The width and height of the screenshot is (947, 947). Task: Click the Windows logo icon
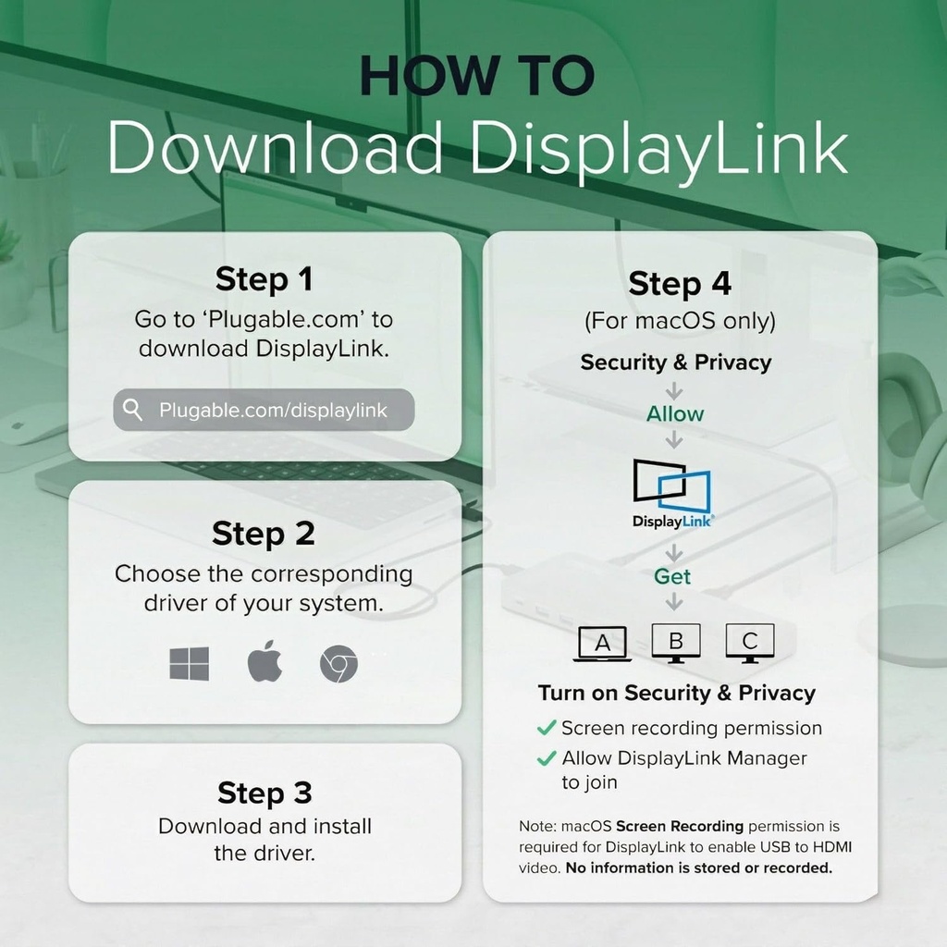[x=189, y=664]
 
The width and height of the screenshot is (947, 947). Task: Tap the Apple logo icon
[x=264, y=660]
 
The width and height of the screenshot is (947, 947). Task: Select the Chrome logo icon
[x=338, y=664]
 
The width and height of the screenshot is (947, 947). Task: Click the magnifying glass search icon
[x=132, y=410]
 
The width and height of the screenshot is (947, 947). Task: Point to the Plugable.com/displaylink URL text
[x=273, y=410]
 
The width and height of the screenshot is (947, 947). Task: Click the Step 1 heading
[x=264, y=279]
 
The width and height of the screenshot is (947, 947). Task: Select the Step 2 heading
[x=264, y=534]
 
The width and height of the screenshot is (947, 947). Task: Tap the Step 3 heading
[x=264, y=793]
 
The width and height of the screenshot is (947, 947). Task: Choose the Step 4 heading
[x=680, y=284]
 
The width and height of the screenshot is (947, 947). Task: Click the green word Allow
[x=674, y=414]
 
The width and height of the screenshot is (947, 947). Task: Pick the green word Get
[x=671, y=577]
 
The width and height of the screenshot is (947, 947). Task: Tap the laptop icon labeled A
[x=602, y=644]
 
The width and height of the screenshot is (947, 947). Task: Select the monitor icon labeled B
[x=676, y=643]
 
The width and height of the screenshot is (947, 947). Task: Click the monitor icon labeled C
[x=749, y=643]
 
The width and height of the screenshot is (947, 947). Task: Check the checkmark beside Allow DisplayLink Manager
[x=546, y=758]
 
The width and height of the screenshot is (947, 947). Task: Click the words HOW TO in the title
[x=477, y=76]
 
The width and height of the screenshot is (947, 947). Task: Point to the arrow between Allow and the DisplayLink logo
[x=674, y=439]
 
